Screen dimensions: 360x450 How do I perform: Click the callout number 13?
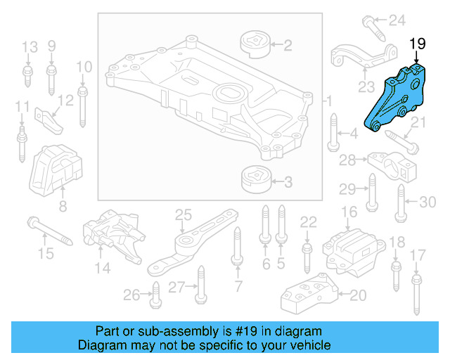tap(29, 48)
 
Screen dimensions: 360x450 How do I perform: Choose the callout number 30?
tap(427, 202)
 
